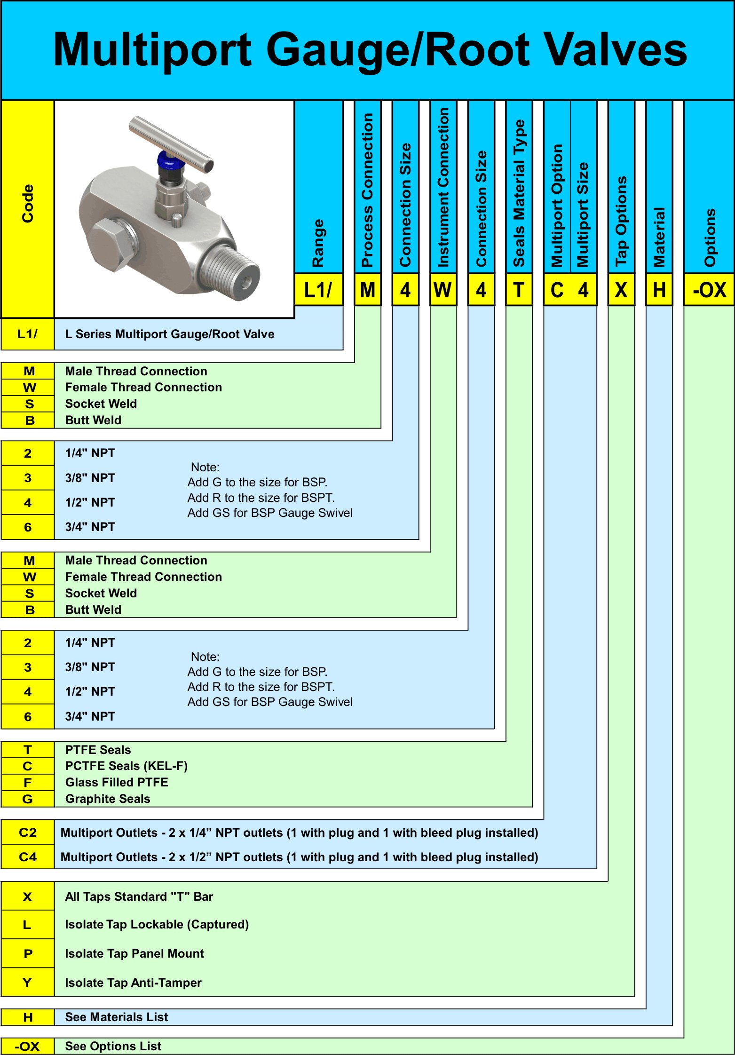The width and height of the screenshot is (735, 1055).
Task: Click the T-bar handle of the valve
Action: pos(172,141)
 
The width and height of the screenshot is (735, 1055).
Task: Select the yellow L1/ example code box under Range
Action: pos(318,290)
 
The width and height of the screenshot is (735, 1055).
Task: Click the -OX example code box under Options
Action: pos(709,290)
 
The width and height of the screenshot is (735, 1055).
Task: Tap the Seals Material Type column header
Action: pos(519,193)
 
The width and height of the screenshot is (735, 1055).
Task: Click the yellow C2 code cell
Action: pos(28,833)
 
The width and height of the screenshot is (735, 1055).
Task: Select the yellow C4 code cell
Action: pos(28,857)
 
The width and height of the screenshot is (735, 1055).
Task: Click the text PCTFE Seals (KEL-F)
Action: pos(126,766)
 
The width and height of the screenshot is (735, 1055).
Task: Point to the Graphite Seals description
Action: pos(108,799)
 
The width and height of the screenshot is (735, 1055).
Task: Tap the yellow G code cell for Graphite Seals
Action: pos(28,799)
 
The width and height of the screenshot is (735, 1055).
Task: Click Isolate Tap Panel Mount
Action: pos(134,953)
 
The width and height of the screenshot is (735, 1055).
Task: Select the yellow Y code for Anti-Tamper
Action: pos(28,983)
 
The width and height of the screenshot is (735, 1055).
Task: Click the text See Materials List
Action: pos(116,1017)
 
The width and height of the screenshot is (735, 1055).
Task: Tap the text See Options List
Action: pos(113,1046)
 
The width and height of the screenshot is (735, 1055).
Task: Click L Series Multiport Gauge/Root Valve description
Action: pos(170,334)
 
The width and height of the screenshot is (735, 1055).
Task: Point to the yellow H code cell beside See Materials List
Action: pos(28,1017)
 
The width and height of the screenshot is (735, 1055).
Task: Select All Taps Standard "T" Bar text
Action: pos(139,896)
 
